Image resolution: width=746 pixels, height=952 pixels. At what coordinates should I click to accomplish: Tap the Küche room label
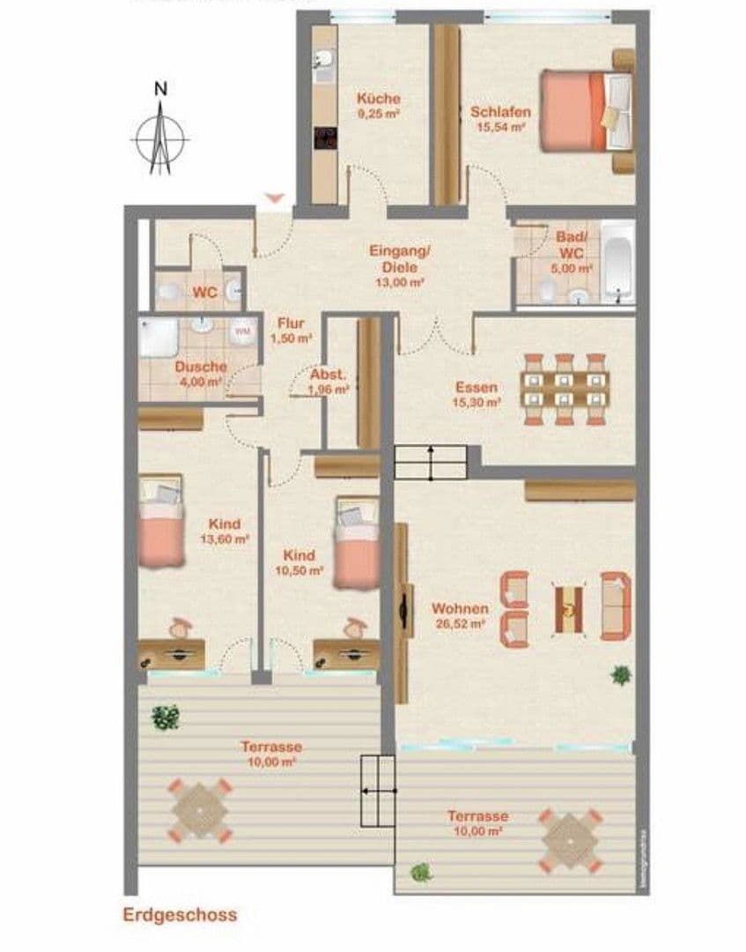(x=378, y=99)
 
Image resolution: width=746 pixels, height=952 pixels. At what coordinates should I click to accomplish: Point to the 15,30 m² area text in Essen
(x=477, y=401)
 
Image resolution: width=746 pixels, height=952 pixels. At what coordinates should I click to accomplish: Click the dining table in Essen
(x=565, y=390)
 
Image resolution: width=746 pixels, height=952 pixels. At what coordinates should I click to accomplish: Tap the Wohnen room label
(x=460, y=608)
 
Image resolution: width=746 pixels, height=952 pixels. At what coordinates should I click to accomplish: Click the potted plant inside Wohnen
(x=621, y=675)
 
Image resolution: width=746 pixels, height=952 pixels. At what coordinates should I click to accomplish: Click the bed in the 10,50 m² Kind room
(x=357, y=543)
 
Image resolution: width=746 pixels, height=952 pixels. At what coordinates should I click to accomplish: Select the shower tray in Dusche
(x=159, y=338)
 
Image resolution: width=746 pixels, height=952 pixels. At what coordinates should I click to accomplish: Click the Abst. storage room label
(x=329, y=374)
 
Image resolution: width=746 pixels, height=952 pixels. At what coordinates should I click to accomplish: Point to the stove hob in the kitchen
(x=326, y=138)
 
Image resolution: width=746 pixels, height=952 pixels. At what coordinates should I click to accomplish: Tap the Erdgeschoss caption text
(x=180, y=915)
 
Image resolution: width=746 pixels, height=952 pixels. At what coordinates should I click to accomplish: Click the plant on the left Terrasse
(x=165, y=717)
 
